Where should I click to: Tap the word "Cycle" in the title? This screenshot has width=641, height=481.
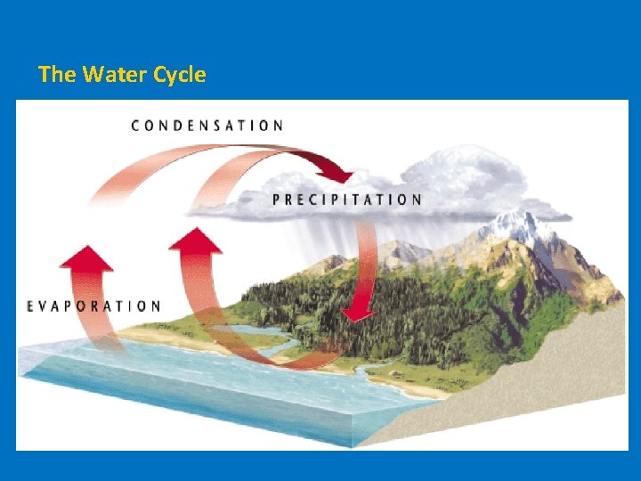pyautogui.click(x=179, y=75)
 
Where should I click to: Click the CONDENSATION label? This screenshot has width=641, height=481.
pyautogui.click(x=207, y=126)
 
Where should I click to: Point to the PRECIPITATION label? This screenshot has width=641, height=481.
pyautogui.click(x=347, y=200)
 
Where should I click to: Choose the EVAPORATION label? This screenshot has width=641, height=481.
pyautogui.click(x=93, y=306)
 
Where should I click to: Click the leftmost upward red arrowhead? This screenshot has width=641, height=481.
pyautogui.click(x=85, y=258)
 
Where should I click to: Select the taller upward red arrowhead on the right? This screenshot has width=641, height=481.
pyautogui.click(x=195, y=240)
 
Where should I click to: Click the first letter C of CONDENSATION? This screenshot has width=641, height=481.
pyautogui.click(x=136, y=126)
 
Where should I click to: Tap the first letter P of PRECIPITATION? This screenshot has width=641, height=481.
pyautogui.click(x=276, y=200)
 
